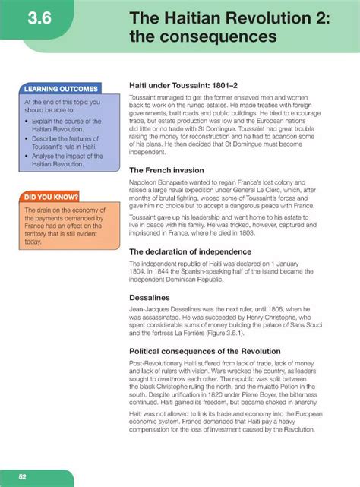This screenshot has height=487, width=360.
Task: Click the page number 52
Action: click(x=23, y=476)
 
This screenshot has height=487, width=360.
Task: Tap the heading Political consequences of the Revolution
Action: click(x=213, y=352)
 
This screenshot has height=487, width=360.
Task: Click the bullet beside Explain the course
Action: click(x=27, y=121)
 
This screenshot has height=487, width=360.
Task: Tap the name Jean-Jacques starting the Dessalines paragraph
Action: click(x=153, y=311)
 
